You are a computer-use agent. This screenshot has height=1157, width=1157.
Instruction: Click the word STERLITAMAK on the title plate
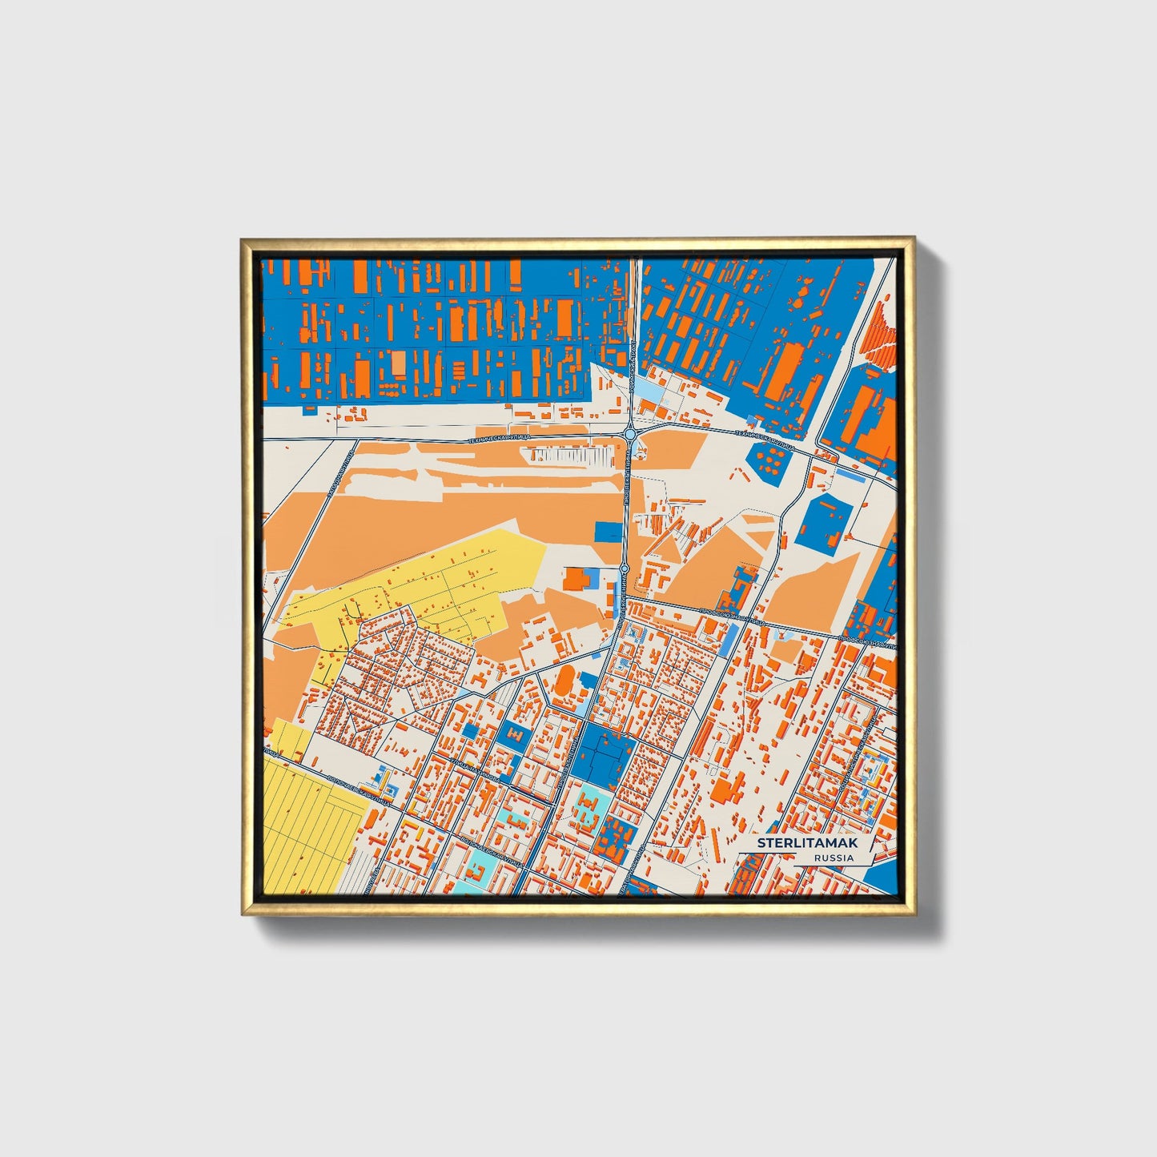coord(807,844)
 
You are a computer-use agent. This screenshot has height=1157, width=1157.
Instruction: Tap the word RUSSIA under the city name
coord(834,858)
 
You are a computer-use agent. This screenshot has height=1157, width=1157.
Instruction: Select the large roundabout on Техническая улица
coord(631,434)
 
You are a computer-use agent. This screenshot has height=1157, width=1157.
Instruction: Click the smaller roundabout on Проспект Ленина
coord(624,568)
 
